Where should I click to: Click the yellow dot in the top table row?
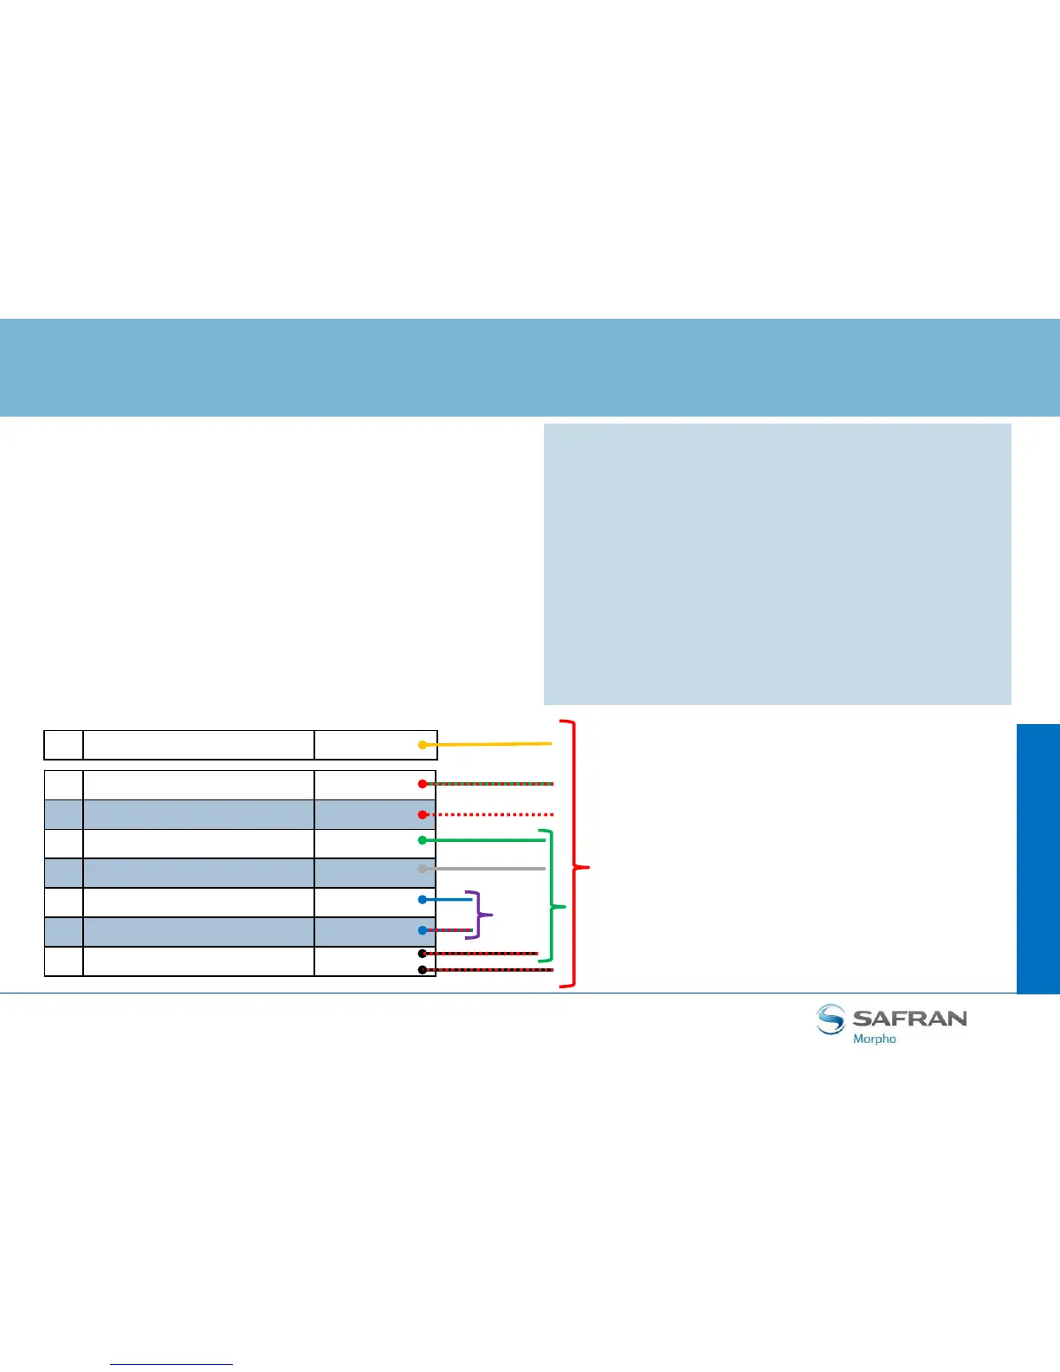point(423,745)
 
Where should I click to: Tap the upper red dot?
point(423,784)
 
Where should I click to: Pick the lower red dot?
point(423,815)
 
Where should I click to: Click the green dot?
point(423,840)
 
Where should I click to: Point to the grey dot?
point(423,869)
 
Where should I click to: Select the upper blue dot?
point(423,900)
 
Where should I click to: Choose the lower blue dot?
point(423,931)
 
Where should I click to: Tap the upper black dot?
point(423,954)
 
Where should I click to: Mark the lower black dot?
point(423,970)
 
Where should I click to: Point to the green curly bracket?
point(551,896)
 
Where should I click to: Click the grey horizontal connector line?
point(485,869)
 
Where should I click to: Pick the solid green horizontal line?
point(485,840)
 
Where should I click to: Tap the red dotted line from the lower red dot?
point(489,815)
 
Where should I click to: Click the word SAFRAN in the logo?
point(909,1018)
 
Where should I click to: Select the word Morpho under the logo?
point(875,1039)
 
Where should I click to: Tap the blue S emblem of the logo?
point(831,1019)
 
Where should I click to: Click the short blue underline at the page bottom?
point(171,1365)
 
